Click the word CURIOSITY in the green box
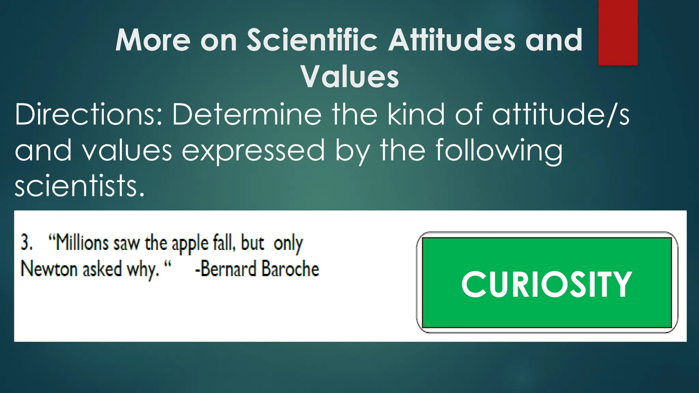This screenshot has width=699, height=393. click(546, 284)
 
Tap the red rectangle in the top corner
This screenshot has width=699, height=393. click(618, 32)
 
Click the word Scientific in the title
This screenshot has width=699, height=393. click(312, 40)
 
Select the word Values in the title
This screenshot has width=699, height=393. click(349, 76)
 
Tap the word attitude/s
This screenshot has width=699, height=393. click(560, 115)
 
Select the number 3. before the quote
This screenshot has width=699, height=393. click(27, 243)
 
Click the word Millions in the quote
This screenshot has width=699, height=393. click(82, 243)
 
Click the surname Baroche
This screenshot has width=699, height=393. click(290, 269)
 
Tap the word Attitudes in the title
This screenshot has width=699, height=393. click(452, 40)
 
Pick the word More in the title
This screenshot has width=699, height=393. click(153, 40)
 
